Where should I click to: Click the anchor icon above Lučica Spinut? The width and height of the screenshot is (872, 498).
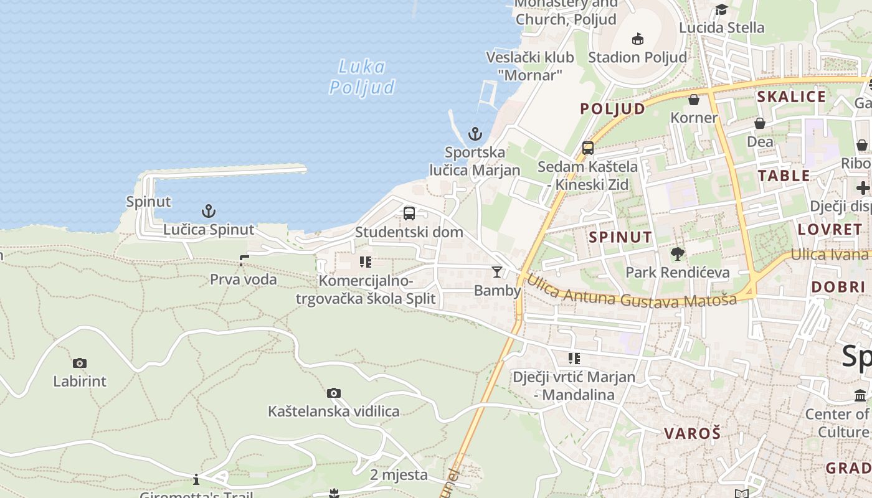[x=209, y=211]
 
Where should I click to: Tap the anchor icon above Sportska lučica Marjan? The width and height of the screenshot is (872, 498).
[x=475, y=134]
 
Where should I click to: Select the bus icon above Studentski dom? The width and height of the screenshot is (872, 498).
[x=409, y=214]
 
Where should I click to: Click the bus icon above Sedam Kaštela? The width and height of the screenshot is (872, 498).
[x=588, y=148]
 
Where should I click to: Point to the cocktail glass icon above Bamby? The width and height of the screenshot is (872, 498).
[x=497, y=272]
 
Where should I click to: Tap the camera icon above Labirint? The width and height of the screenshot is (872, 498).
[x=80, y=363]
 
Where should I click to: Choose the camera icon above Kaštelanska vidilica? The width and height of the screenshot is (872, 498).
[x=334, y=393]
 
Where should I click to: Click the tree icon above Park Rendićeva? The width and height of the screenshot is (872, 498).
[x=678, y=254]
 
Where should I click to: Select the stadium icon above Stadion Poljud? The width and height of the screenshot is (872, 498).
[x=637, y=39]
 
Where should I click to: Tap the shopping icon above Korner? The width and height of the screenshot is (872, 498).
[x=694, y=100]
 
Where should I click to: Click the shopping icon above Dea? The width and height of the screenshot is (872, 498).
[x=760, y=123]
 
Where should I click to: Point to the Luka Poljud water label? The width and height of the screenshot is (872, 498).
[x=362, y=77]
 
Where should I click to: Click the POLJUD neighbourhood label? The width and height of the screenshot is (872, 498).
[x=613, y=109]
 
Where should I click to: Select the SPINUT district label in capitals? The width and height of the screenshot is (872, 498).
[x=620, y=237]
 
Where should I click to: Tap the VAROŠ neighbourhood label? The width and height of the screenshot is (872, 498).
[x=692, y=433]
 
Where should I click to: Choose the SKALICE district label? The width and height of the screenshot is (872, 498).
[x=791, y=96]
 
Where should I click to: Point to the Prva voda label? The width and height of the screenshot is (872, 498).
[x=244, y=280]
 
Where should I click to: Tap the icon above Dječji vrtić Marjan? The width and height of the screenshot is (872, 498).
[x=574, y=359]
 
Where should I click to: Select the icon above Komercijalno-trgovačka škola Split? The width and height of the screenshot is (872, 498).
[x=366, y=262]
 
